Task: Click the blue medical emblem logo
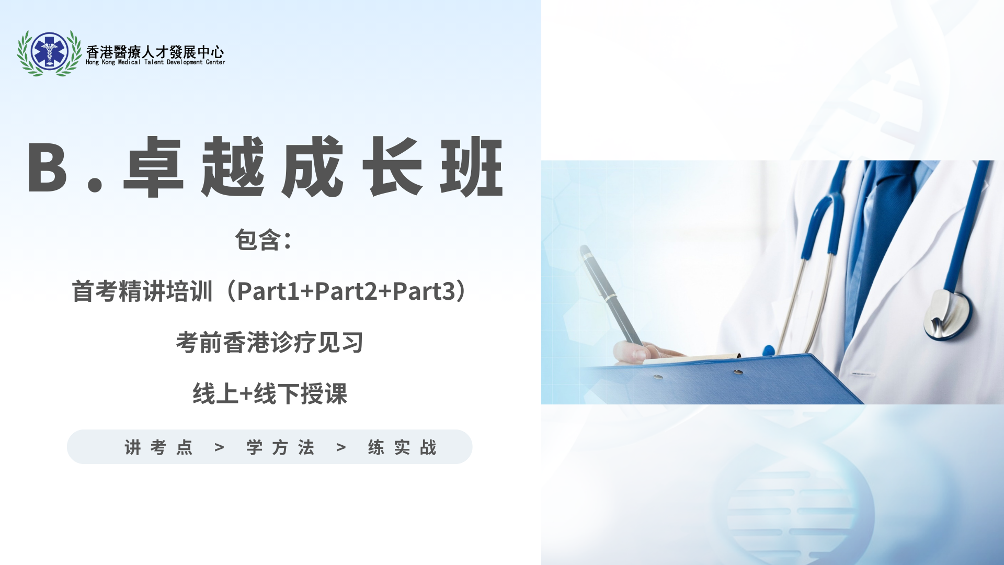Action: (x=50, y=52)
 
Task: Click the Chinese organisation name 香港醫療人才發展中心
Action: (x=155, y=51)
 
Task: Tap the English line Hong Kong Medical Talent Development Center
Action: (x=155, y=62)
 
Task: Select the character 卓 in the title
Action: (x=153, y=167)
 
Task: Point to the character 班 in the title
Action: (x=472, y=167)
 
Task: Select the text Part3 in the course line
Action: (x=424, y=291)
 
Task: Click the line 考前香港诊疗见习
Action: (x=269, y=343)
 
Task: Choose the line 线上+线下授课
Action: (x=269, y=393)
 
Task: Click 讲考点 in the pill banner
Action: (x=158, y=447)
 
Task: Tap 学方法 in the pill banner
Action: (x=280, y=447)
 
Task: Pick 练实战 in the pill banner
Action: (x=402, y=447)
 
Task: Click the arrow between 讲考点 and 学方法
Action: (x=220, y=447)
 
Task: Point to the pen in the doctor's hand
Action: (x=609, y=293)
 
